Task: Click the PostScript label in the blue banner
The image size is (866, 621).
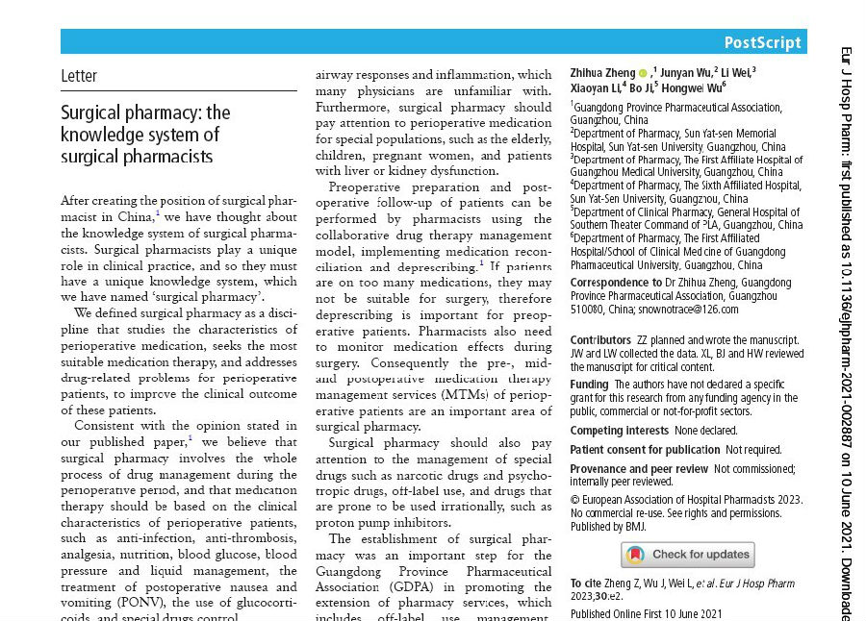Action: (x=762, y=42)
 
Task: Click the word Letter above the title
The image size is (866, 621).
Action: (x=79, y=76)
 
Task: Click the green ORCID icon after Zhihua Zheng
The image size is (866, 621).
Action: (x=643, y=73)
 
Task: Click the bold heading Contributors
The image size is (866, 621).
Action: (x=600, y=340)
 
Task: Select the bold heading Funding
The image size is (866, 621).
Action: (x=589, y=385)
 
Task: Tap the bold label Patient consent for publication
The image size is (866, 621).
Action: (x=644, y=450)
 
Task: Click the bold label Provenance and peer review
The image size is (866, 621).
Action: (x=638, y=469)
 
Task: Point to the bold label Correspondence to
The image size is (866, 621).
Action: (x=616, y=283)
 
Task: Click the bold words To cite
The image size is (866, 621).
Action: (x=587, y=584)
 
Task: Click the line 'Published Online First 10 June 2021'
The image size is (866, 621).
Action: (x=646, y=614)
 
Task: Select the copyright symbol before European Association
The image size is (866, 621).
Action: (x=575, y=500)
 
